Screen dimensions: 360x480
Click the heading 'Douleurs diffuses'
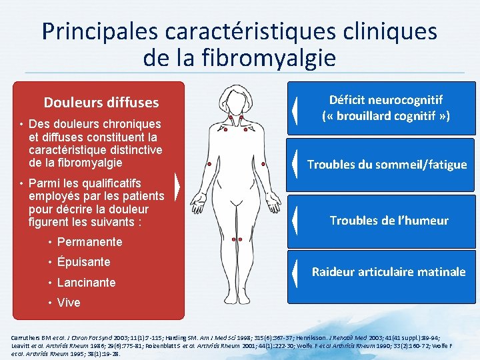(101, 103)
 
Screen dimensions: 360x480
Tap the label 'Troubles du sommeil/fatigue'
(387, 165)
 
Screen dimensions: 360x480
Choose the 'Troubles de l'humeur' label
(389, 221)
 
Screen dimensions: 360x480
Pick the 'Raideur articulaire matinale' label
(389, 272)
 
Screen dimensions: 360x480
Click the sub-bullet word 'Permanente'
(90, 242)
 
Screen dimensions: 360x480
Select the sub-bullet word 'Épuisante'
(84, 262)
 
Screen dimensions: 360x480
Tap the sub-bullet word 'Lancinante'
(87, 282)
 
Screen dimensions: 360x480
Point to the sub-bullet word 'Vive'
(69, 302)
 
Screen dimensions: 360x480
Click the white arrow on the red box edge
(177, 187)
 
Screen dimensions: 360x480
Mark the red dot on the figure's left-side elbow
(209, 163)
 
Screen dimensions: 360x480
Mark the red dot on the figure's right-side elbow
(265, 163)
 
